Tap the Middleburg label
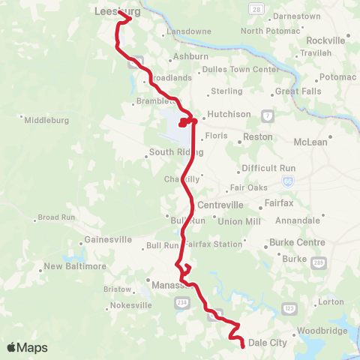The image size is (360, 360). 47,120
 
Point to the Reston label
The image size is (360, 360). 258,138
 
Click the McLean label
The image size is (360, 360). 310,142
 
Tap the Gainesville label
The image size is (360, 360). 110,240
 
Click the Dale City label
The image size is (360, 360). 268,343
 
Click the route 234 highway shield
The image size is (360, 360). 181,302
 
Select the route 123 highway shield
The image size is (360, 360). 289,308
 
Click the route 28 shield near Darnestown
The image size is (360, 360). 256,8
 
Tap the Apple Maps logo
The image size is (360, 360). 27,347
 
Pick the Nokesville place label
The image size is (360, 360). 131,305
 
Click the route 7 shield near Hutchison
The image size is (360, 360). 267,114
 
